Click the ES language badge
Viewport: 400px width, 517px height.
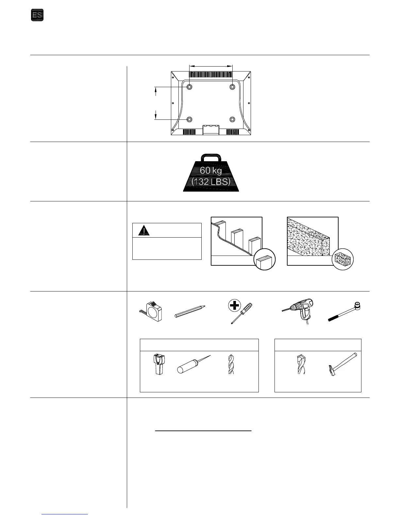pyautogui.click(x=37, y=15)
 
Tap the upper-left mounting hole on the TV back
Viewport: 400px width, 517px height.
pyautogui.click(x=190, y=87)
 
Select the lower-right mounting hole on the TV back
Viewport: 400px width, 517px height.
pyautogui.click(x=232, y=119)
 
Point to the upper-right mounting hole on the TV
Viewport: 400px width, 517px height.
pyautogui.click(x=232, y=87)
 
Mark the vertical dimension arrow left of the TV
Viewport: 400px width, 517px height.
pyautogui.click(x=156, y=103)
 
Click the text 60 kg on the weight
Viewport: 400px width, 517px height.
pyautogui.click(x=211, y=170)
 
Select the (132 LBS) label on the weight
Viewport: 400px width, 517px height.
pyautogui.click(x=211, y=181)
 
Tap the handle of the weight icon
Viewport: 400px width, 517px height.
pyautogui.click(x=211, y=159)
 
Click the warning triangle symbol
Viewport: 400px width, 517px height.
pyautogui.click(x=143, y=230)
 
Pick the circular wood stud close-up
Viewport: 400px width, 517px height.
pyautogui.click(x=264, y=259)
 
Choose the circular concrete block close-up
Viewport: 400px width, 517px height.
pyautogui.click(x=342, y=259)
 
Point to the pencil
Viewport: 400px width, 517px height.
pyautogui.click(x=190, y=311)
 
